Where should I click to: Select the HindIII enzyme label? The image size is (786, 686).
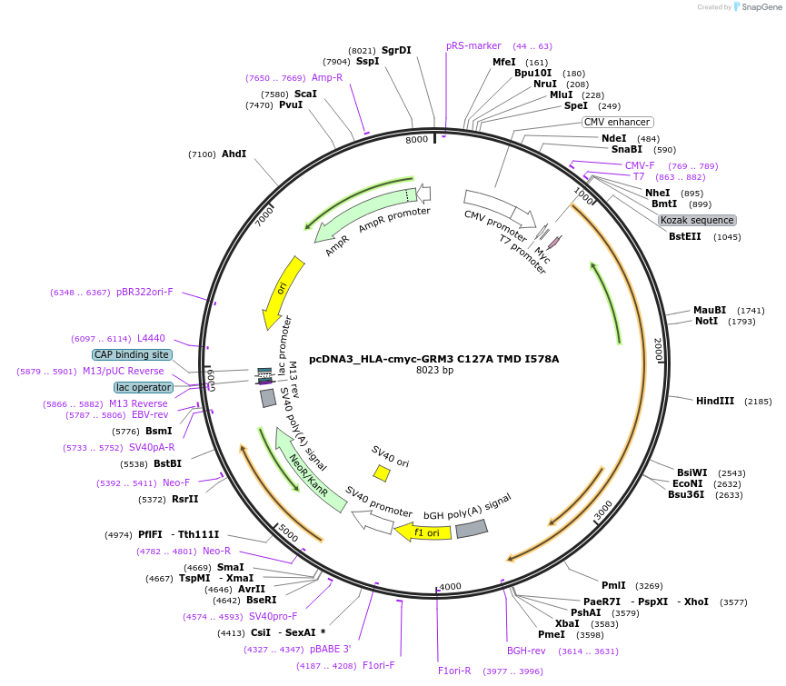coord(714,401)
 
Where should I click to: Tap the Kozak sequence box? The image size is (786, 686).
coord(697,220)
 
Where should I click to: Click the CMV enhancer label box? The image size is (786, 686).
coord(617,122)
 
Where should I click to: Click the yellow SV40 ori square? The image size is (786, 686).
coord(383,473)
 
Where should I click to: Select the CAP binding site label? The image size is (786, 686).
coord(132,355)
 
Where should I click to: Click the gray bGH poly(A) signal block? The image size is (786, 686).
coord(472,528)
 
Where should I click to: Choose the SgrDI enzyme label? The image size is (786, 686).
coord(396,50)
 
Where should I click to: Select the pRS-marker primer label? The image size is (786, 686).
coord(473,45)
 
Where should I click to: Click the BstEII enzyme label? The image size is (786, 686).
coord(685,236)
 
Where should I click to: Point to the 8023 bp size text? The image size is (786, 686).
coord(434,371)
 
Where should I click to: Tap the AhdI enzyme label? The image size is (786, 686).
coord(234,154)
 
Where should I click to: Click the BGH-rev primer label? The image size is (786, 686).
coord(526,651)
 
